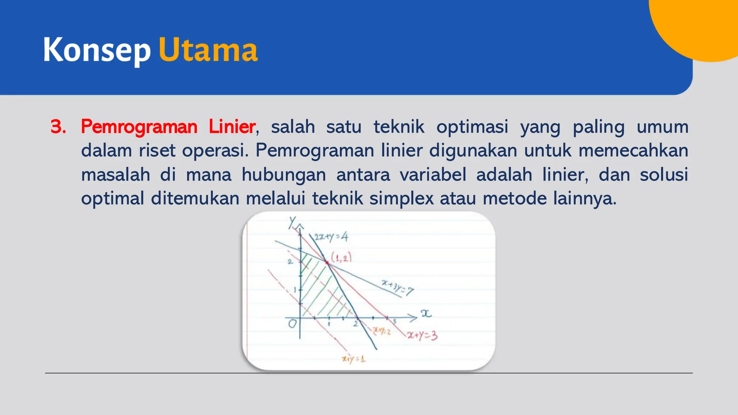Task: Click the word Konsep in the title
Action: click(x=97, y=50)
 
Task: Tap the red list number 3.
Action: click(x=58, y=127)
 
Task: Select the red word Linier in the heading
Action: click(x=232, y=127)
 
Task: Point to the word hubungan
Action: click(x=284, y=175)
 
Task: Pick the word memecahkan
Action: click(x=633, y=151)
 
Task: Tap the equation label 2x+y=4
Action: click(x=331, y=237)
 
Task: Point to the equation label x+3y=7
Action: click(x=397, y=287)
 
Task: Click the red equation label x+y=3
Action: click(x=422, y=336)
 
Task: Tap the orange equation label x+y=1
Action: click(x=354, y=359)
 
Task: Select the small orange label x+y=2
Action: click(x=382, y=331)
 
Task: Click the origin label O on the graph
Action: click(x=292, y=323)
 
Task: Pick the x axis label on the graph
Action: click(x=426, y=314)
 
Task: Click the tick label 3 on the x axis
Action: click(x=395, y=321)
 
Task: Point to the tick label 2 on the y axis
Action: click(x=290, y=262)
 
